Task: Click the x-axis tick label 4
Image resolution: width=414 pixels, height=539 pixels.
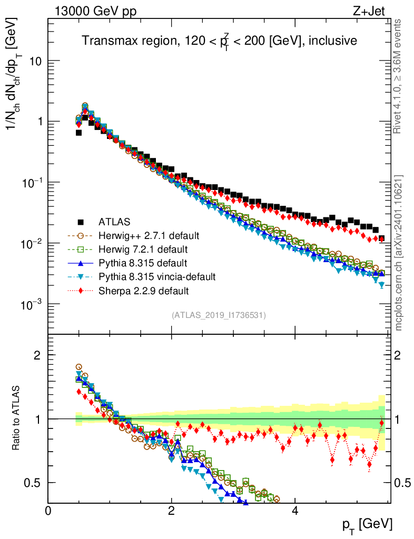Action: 295,511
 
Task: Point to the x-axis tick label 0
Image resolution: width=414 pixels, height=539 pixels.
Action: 48,511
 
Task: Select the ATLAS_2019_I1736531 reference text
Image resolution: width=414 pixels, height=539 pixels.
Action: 219,315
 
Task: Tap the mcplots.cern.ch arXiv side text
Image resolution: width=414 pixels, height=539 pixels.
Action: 399,253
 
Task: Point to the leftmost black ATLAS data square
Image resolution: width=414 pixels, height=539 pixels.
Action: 78,133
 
